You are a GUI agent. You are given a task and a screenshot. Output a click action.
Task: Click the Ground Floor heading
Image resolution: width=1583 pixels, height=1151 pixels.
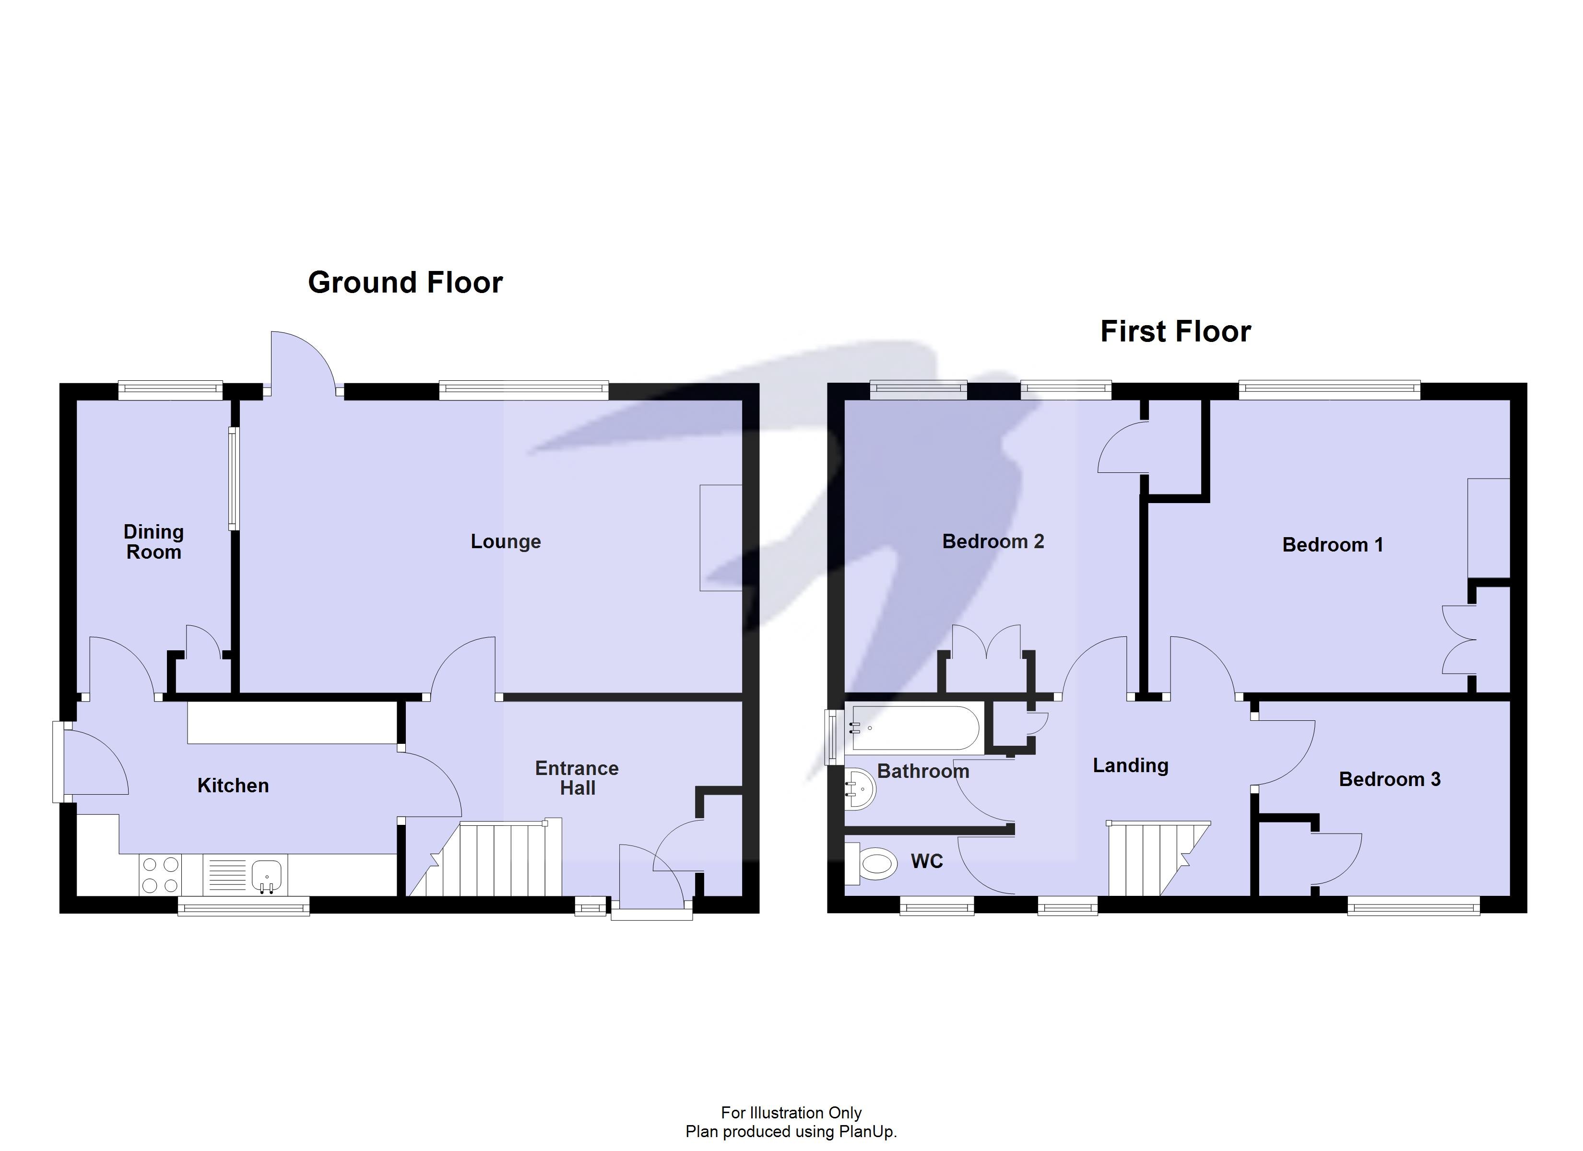pyautogui.click(x=405, y=282)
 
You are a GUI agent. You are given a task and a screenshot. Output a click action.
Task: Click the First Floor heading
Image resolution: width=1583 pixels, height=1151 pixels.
pyautogui.click(x=1175, y=331)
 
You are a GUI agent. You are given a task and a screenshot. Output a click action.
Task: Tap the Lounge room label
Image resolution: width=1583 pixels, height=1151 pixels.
pyautogui.click(x=505, y=541)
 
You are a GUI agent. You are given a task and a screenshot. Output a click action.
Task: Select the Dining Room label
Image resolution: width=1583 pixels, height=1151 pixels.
pyautogui.click(x=154, y=541)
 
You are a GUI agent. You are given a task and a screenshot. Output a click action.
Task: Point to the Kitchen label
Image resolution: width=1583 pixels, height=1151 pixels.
pyautogui.click(x=233, y=786)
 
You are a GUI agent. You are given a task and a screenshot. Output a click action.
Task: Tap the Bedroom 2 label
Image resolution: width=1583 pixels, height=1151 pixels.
pyautogui.click(x=992, y=541)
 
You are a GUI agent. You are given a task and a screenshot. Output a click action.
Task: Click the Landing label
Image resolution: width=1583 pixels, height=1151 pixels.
pyautogui.click(x=1130, y=766)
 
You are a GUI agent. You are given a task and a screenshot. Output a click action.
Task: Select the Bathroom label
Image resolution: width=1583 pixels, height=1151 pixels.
pyautogui.click(x=923, y=771)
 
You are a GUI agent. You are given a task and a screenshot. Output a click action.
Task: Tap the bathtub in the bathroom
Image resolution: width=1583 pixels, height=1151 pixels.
pyautogui.click(x=913, y=728)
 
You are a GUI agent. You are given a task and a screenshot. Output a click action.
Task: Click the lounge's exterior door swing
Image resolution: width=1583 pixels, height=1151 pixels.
pyautogui.click(x=300, y=360)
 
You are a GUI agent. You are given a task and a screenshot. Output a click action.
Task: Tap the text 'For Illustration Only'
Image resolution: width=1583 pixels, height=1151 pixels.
pyautogui.click(x=791, y=1113)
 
